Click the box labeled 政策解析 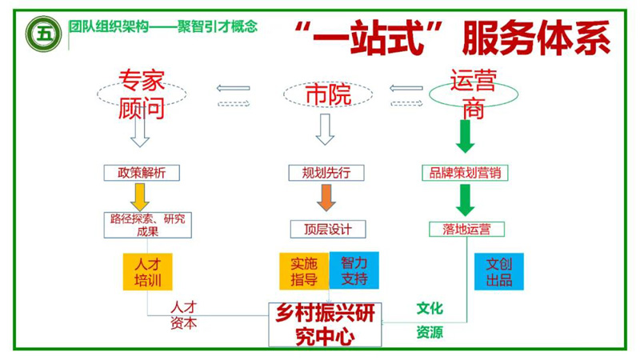(142, 173)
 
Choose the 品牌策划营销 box (466, 173)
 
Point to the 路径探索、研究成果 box (147, 225)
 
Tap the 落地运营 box (466, 229)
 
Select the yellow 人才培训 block (148, 271)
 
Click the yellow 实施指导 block (304, 270)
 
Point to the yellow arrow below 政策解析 (141, 197)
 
